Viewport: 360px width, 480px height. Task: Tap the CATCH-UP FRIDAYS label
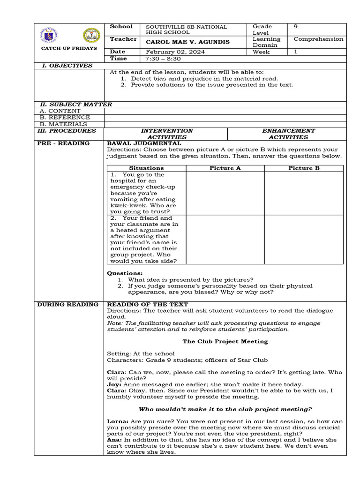pyautogui.click(x=69, y=48)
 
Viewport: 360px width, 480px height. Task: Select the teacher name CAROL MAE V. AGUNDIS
pyautogui.click(x=188, y=42)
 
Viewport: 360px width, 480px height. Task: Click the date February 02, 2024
pyautogui.click(x=175, y=52)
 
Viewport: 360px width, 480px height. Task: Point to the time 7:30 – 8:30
pyautogui.click(x=163, y=59)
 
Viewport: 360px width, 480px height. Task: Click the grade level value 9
pyautogui.click(x=295, y=27)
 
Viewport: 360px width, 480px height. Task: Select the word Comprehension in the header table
pyautogui.click(x=318, y=39)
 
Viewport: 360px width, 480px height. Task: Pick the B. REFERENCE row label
pyautogui.click(x=65, y=118)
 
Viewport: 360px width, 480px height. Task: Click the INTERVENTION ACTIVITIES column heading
pyautogui.click(x=166, y=134)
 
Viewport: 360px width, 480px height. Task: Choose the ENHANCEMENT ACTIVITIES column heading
pyautogui.click(x=288, y=134)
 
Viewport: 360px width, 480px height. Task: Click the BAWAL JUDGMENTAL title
pyautogui.click(x=144, y=143)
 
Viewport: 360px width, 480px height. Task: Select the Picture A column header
pyautogui.click(x=225, y=168)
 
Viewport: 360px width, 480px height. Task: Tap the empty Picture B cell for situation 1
pyautogui.click(x=304, y=193)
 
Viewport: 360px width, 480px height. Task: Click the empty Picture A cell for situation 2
pyautogui.click(x=225, y=240)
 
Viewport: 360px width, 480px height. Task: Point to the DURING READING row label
pyautogui.click(x=67, y=305)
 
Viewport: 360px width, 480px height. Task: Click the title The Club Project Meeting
pyautogui.click(x=225, y=341)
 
